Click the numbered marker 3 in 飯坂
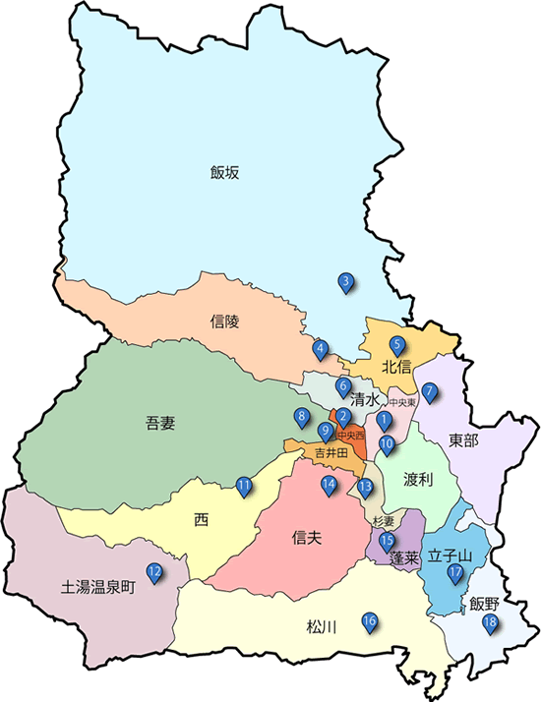pos(346,283)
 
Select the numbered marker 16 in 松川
pos(370,621)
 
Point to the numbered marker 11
pos(244,485)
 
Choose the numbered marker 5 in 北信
pos(397,345)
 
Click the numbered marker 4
pos(320,348)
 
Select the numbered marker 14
pos(329,484)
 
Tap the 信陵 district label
pos(225,321)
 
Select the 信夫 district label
pos(308,538)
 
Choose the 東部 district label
pos(462,439)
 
